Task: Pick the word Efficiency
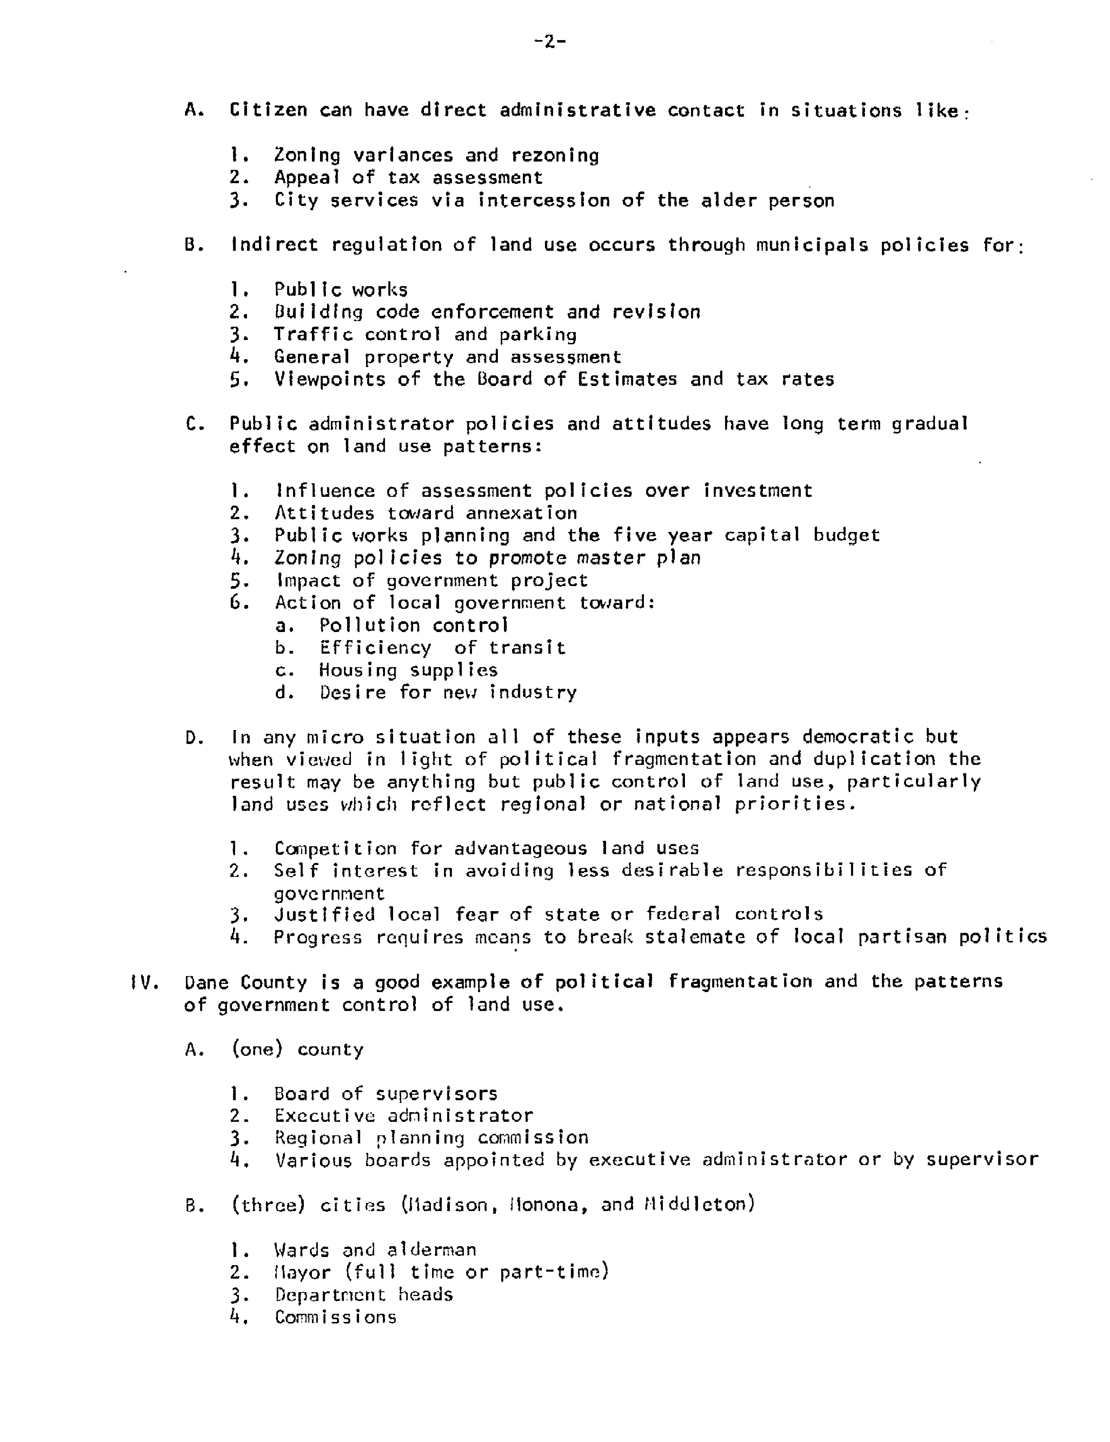tap(375, 648)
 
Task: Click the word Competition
tap(335, 849)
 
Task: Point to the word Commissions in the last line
tap(335, 1317)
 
